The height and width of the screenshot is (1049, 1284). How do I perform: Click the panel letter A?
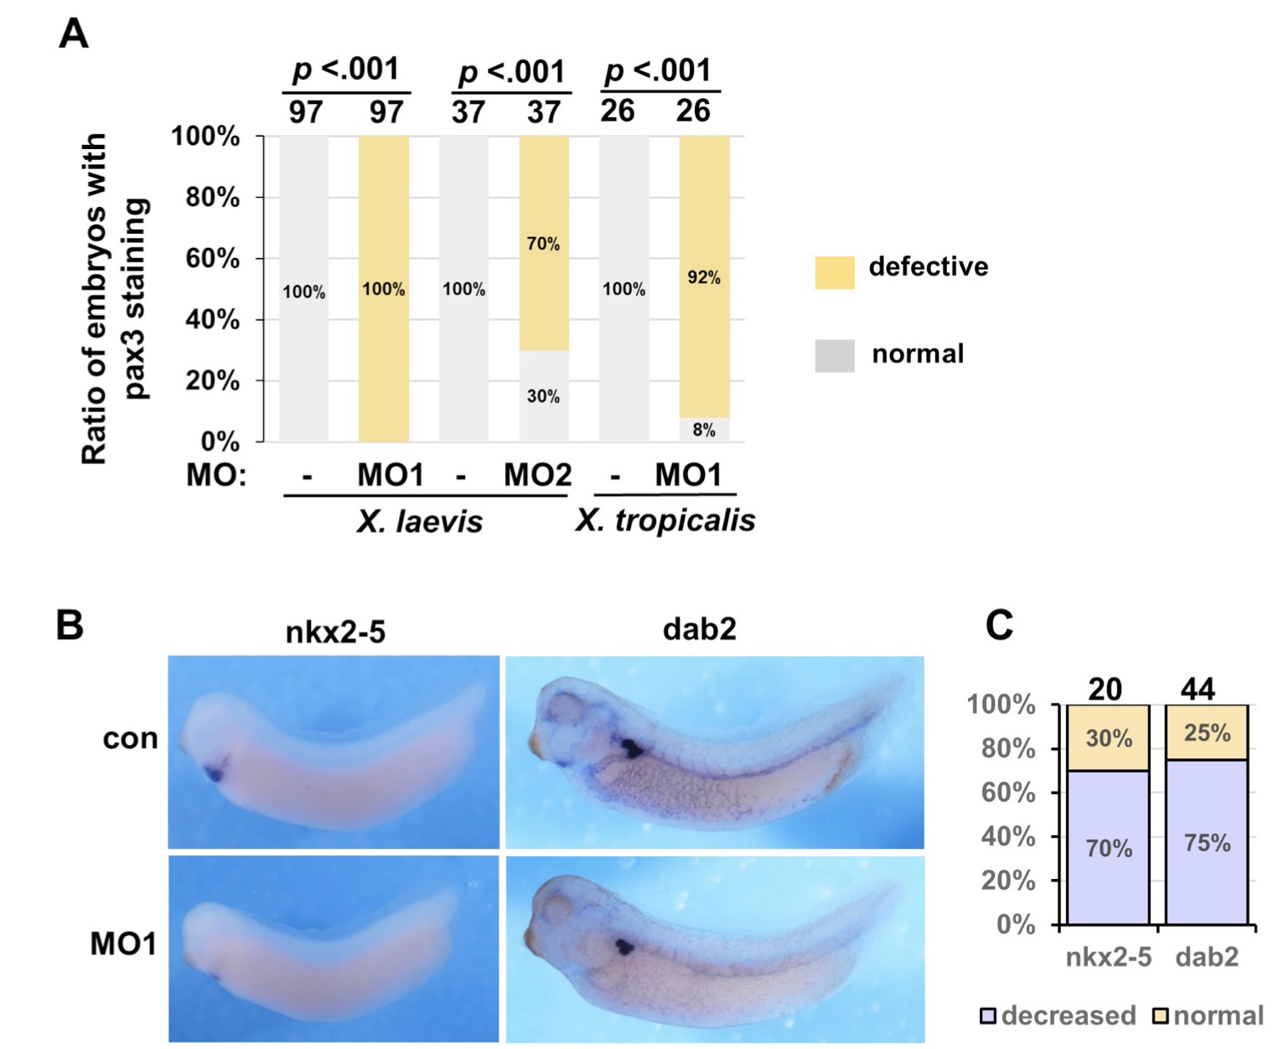74,35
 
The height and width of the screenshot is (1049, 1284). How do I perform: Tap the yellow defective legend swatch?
834,272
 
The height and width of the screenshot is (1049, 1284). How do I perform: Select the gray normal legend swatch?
834,355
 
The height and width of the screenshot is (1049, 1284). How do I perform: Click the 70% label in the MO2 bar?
543,244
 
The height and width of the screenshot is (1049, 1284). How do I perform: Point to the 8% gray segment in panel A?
704,430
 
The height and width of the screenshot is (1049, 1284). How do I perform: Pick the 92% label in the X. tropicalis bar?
704,277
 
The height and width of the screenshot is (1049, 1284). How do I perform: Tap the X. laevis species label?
419,522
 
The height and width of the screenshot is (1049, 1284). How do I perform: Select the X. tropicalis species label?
665,520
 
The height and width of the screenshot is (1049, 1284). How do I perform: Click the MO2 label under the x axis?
537,475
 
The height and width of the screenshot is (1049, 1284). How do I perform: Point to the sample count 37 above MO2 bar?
544,111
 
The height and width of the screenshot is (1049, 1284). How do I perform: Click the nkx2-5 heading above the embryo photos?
335,631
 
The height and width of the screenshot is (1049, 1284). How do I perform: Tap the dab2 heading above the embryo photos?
699,628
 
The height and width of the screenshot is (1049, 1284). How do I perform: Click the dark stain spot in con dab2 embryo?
629,747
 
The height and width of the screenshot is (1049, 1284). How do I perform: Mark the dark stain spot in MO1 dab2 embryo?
624,947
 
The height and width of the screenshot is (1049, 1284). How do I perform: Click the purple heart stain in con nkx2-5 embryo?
215,773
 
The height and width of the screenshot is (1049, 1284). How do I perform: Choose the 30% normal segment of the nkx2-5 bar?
1108,738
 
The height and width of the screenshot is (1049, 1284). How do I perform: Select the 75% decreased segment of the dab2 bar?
1207,842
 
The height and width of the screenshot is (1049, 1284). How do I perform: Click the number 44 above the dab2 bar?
1198,689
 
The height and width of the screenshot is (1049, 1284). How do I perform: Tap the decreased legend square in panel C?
988,1016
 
